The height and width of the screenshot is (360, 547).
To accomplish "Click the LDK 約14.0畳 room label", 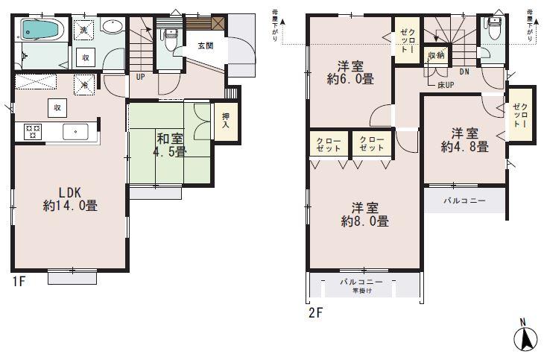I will pyautogui.click(x=69, y=198).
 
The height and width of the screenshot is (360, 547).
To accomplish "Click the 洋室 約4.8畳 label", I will pyautogui.click(x=464, y=140).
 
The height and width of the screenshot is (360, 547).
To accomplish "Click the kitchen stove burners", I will pyautogui.click(x=34, y=131).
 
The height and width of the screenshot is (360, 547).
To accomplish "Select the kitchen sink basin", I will pyautogui.click(x=76, y=131).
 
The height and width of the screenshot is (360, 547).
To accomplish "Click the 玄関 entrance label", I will pyautogui.click(x=206, y=47).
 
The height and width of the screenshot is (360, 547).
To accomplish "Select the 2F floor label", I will pyautogui.click(x=314, y=312).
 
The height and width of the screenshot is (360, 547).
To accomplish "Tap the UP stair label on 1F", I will pyautogui.click(x=140, y=76).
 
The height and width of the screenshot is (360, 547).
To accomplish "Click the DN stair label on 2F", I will pyautogui.click(x=464, y=72).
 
